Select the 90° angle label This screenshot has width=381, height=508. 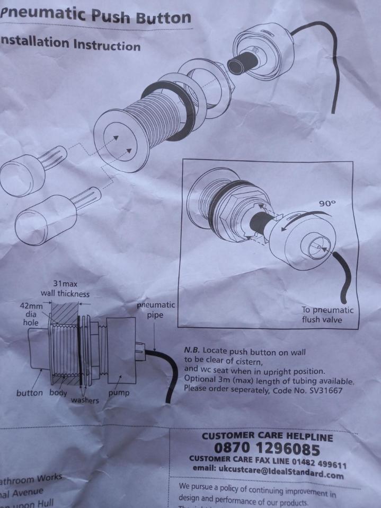327,203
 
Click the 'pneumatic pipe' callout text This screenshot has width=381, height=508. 155,310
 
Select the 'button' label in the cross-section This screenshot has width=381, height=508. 30,393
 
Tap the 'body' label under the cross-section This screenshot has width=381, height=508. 58,393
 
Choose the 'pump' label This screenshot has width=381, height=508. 118,393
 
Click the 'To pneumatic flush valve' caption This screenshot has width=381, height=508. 326,315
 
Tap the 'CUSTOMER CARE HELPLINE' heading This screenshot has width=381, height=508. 267,437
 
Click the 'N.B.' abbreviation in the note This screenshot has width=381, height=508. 192,351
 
